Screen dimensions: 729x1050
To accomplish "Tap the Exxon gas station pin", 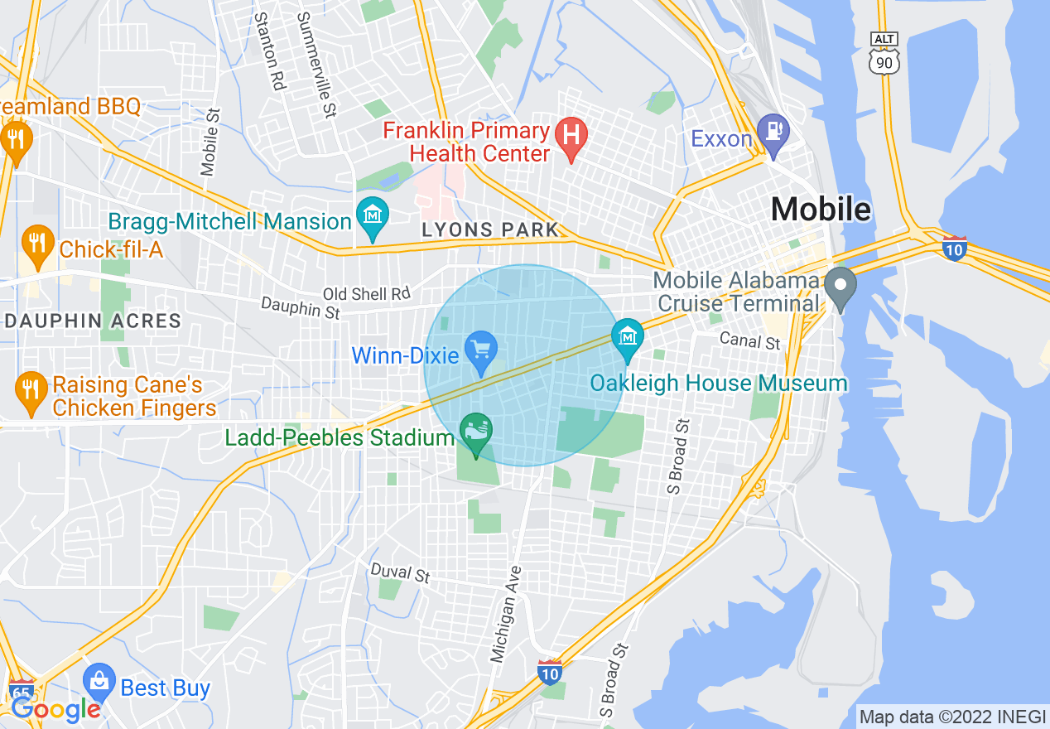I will click(773, 131).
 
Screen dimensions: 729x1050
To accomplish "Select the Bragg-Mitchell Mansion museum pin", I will click(373, 215).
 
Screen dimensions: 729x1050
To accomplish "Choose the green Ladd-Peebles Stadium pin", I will click(476, 432).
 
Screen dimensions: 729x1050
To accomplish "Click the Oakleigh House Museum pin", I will click(628, 336).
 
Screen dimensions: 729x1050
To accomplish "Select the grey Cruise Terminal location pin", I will click(841, 286).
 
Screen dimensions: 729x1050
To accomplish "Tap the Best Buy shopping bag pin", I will click(99, 683).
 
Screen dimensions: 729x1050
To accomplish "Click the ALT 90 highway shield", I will click(884, 52).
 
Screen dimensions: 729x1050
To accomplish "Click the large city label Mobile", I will click(821, 210).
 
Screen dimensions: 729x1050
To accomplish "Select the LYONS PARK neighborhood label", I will click(490, 230).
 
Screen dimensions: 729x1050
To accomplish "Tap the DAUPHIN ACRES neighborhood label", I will click(92, 321).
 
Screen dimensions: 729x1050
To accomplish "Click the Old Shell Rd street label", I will click(366, 294).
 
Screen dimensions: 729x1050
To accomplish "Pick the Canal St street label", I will click(749, 340).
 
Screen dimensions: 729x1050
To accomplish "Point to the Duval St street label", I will click(401, 572).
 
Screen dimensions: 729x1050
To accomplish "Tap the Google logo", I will click(55, 709).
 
